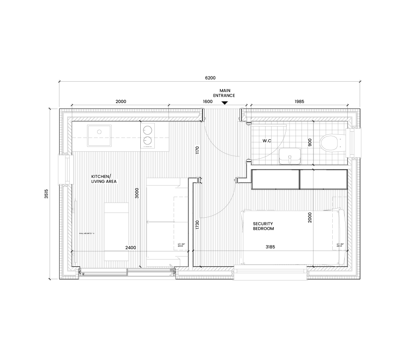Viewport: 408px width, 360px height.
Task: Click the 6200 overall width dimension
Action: click(210, 78)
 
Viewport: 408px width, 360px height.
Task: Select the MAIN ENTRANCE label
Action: click(225, 93)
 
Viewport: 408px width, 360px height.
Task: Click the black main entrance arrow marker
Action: click(225, 103)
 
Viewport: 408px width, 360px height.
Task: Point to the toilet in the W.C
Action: click(331, 142)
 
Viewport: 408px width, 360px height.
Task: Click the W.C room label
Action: click(268, 141)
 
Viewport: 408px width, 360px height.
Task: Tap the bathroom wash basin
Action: click(290, 156)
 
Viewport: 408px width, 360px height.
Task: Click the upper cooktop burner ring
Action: click(148, 130)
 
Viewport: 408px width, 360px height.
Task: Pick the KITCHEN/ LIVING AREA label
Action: click(101, 179)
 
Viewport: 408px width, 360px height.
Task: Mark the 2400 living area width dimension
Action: click(131, 248)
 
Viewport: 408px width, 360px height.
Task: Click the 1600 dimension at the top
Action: click(207, 102)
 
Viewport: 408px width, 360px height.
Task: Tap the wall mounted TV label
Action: click(87, 233)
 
